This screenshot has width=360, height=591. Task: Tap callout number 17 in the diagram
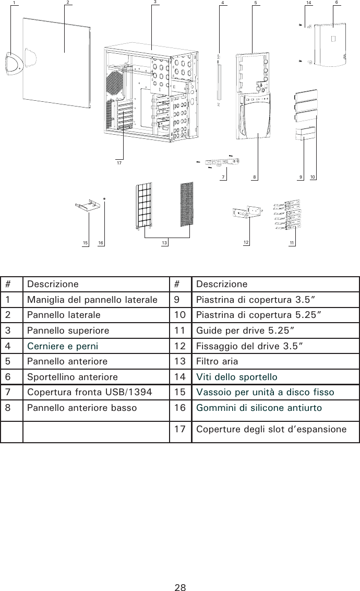coord(119,163)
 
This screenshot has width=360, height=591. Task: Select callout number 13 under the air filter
coord(165,243)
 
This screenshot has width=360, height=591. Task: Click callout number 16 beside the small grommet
coord(101,243)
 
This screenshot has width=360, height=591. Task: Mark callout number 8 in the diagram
coord(255,178)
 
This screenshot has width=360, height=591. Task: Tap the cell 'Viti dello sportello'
coord(237,377)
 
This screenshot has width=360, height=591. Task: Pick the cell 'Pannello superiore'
coord(68,330)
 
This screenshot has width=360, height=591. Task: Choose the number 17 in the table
coord(181,430)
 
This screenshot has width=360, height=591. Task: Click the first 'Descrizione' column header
coord(53,285)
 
